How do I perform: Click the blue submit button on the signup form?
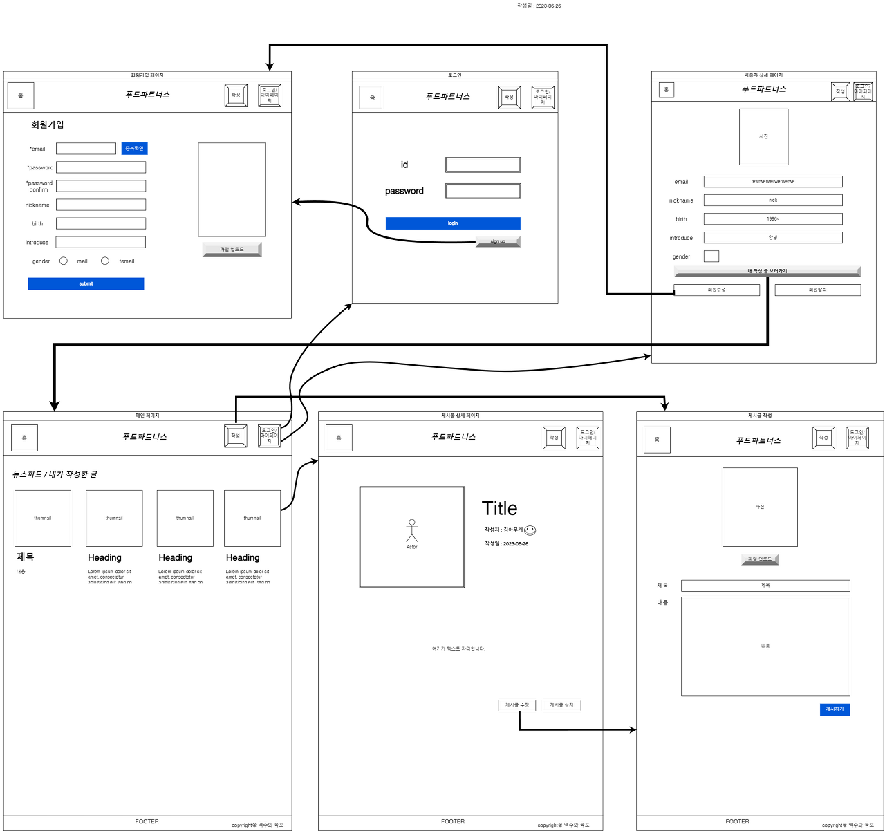tap(86, 283)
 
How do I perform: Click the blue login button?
tap(453, 223)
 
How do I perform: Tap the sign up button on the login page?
tap(498, 241)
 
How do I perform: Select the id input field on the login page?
tap(483, 165)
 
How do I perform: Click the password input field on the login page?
tap(483, 191)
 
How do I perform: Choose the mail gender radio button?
tap(64, 261)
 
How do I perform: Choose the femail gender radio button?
tap(105, 261)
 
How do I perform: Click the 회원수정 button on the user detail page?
tap(716, 290)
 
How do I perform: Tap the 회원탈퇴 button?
tap(817, 290)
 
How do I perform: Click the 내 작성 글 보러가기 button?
tap(767, 271)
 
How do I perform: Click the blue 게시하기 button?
tap(835, 709)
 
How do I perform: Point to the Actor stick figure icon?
tap(412, 531)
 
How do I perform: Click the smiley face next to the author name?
tap(530, 530)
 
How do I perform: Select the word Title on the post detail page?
tap(499, 508)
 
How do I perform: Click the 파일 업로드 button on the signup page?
tap(232, 249)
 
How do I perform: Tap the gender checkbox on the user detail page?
tap(711, 256)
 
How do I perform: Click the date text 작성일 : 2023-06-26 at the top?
tap(539, 6)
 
